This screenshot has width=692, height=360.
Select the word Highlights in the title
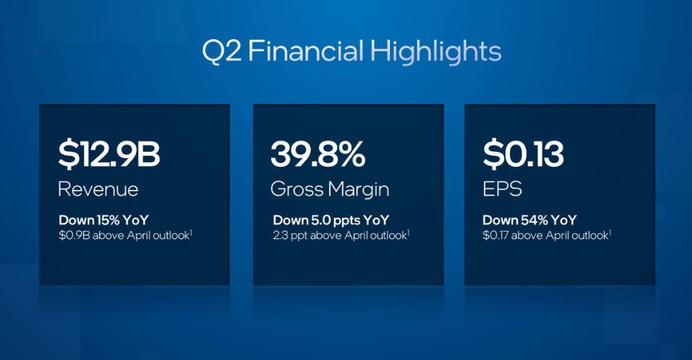(436, 53)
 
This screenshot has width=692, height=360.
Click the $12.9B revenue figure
(109, 155)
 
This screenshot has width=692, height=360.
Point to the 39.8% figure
(318, 155)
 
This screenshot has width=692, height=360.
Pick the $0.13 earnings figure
(523, 155)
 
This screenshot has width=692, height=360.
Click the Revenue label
(98, 189)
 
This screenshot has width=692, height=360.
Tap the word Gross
(297, 189)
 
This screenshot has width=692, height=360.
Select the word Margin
(358, 190)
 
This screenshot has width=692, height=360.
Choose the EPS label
(502, 189)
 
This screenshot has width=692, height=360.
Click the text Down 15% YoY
(103, 220)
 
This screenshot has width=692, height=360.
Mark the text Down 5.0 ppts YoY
(331, 220)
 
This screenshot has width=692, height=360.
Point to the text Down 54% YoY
(530, 220)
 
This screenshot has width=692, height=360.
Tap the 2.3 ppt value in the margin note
(290, 236)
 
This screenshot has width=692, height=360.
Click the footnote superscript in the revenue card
(191, 232)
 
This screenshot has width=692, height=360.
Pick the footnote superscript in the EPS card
(610, 232)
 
